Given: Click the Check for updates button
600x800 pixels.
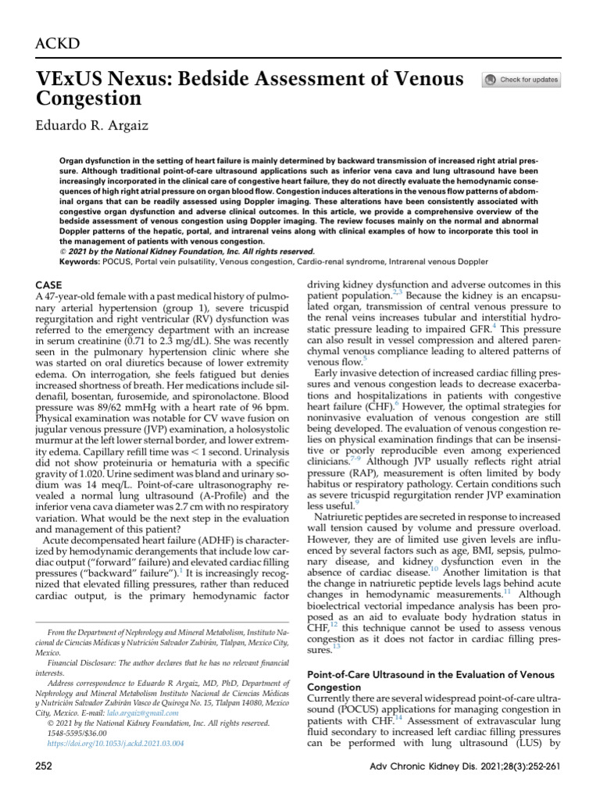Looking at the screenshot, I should tap(522, 80).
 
